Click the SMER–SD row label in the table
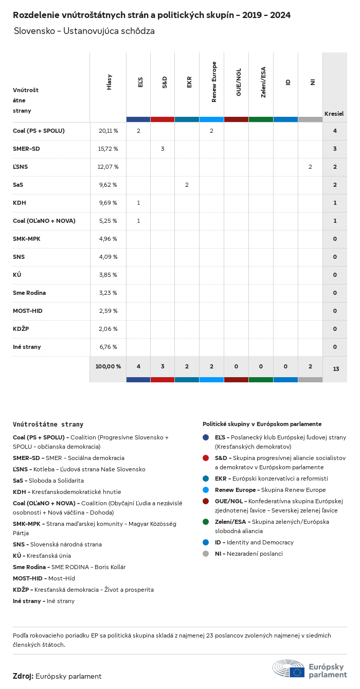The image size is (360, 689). pyautogui.click(x=26, y=149)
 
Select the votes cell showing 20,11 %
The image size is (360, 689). pyautogui.click(x=108, y=131)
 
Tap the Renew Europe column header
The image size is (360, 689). pyautogui.click(x=214, y=82)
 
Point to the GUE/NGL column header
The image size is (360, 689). pyautogui.click(x=239, y=82)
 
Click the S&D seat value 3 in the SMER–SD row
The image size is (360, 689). pyautogui.click(x=163, y=149)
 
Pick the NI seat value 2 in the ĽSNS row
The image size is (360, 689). pyautogui.click(x=310, y=167)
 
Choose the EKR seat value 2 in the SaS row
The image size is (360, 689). pyautogui.click(x=187, y=185)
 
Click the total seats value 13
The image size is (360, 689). pyautogui.click(x=335, y=369)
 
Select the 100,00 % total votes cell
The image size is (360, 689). pyautogui.click(x=108, y=366)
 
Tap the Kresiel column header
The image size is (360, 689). pyautogui.click(x=334, y=113)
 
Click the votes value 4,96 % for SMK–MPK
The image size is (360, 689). pyautogui.click(x=108, y=239)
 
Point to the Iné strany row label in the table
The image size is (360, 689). pyautogui.click(x=27, y=347)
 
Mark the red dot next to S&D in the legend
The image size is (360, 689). pyautogui.click(x=206, y=458)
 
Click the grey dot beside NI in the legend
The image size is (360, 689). pyautogui.click(x=206, y=554)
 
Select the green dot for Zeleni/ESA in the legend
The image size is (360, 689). pyautogui.click(x=206, y=522)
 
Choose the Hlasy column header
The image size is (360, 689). pyautogui.click(x=109, y=82)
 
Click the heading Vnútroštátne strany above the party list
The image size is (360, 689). pyautogui.click(x=48, y=425)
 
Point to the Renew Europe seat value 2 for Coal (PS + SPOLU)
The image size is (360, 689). pyautogui.click(x=211, y=131)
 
